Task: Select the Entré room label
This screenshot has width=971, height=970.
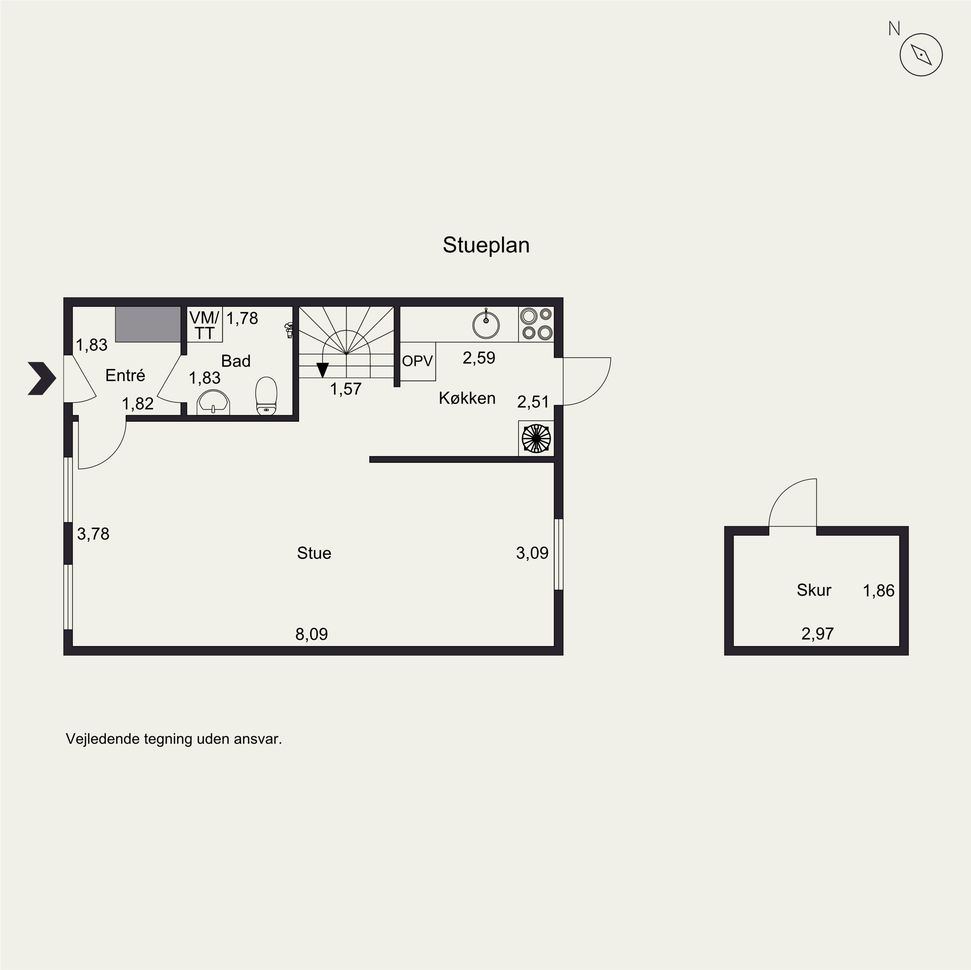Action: pyautogui.click(x=125, y=376)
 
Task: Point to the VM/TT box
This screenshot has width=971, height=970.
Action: pyautogui.click(x=204, y=325)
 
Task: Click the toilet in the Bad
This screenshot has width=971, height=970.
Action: pyautogui.click(x=266, y=396)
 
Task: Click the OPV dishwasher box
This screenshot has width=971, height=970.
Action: pyautogui.click(x=417, y=361)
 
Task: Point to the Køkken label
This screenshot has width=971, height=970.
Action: pyautogui.click(x=467, y=398)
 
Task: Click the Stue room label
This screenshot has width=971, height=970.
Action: pyautogui.click(x=314, y=553)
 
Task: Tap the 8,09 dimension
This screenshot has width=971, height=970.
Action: pyautogui.click(x=312, y=634)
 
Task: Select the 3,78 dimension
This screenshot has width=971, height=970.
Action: pyautogui.click(x=93, y=534)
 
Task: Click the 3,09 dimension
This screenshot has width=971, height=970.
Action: pyautogui.click(x=532, y=553)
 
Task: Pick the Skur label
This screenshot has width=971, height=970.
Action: pyautogui.click(x=814, y=590)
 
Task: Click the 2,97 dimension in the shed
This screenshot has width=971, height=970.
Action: pyautogui.click(x=817, y=634)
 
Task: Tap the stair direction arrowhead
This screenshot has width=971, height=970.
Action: pyautogui.click(x=322, y=370)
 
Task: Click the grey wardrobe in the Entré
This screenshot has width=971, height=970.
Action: pyautogui.click(x=148, y=324)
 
